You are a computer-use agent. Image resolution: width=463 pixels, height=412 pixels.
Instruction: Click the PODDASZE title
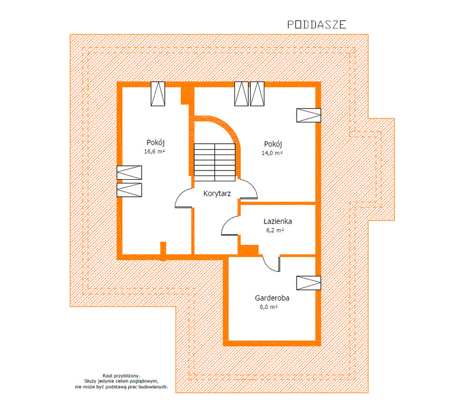pos(317,25)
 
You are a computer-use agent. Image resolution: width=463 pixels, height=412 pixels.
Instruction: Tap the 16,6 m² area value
pos(155,151)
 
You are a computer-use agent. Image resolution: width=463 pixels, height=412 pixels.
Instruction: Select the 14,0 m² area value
pos(272,153)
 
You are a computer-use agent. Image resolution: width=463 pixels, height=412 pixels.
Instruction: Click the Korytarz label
pos(217,194)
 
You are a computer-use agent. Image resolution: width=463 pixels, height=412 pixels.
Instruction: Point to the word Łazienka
pos(277,221)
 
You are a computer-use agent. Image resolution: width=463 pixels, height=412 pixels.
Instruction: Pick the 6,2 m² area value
pos(275,230)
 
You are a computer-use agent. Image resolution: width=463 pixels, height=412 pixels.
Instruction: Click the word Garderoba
pos(272,298)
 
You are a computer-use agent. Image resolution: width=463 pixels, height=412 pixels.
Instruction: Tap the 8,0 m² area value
pos(268,307)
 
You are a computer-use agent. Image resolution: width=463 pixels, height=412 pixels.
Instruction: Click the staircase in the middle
pos(215,162)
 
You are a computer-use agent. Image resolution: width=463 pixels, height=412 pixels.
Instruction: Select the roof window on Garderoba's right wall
pos(308,283)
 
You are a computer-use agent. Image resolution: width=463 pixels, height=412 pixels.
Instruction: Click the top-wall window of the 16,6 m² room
pos(158,94)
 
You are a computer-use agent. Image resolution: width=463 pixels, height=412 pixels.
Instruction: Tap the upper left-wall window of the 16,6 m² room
pos(129,173)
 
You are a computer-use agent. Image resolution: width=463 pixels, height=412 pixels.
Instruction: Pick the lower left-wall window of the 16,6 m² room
pos(129,190)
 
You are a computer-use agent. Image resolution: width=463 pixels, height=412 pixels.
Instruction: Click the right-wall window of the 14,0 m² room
pos(308,115)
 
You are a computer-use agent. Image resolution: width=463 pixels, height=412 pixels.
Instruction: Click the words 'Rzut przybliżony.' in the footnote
pos(121,376)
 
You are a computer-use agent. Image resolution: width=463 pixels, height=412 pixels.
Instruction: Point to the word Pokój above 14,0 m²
pos(273,144)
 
